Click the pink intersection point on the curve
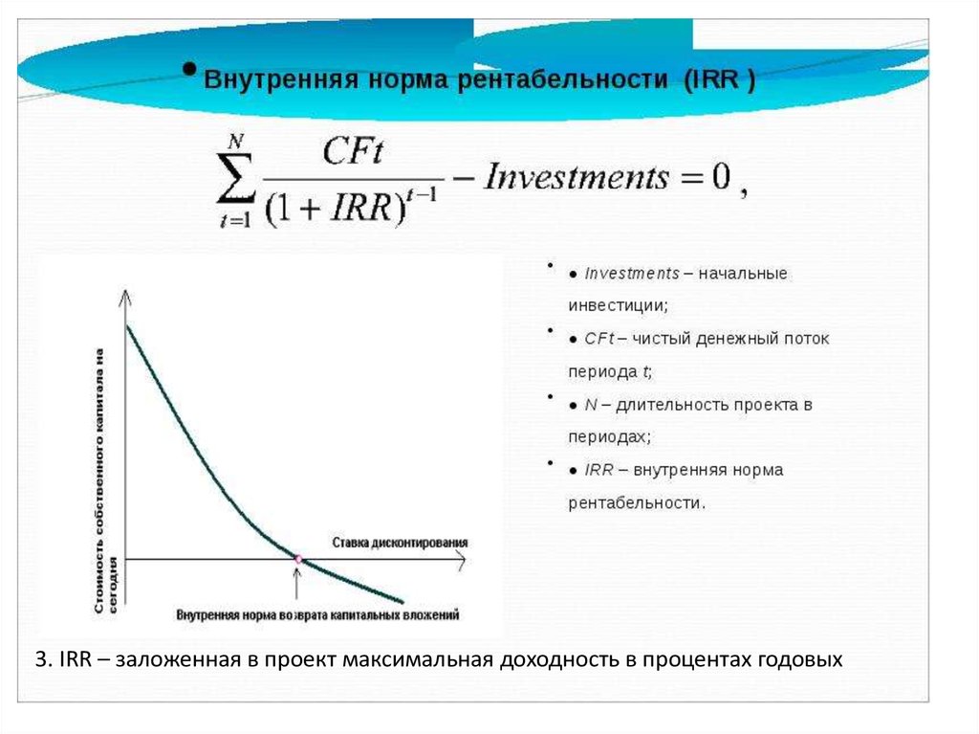[298, 559]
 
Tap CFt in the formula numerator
[353, 150]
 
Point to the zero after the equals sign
[721, 176]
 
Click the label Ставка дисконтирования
[400, 542]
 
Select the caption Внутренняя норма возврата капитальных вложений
[317, 614]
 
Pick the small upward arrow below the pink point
[297, 583]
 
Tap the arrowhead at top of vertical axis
[125, 296]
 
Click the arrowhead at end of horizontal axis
[461, 559]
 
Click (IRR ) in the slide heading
[719, 80]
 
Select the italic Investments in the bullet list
[632, 274]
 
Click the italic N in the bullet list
[591, 405]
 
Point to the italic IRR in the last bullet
[598, 470]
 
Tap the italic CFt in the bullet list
[599, 339]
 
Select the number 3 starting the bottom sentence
[40, 659]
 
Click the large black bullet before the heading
[190, 69]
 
